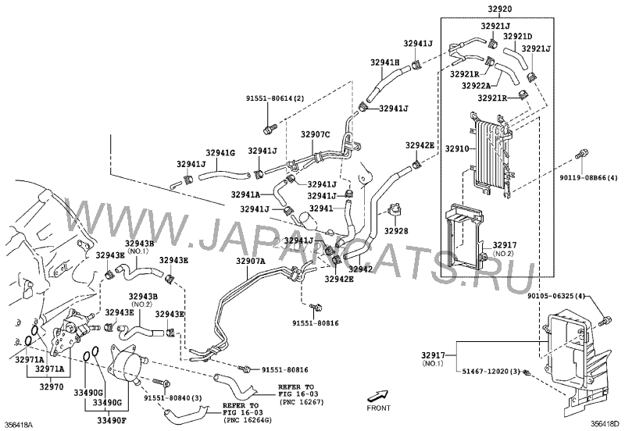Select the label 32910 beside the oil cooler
pos(458,147)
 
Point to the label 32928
pos(396,231)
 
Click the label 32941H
pos(385,62)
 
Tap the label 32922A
pos(476,86)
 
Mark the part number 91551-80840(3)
pos(173,399)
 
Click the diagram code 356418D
pos(605,424)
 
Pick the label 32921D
pos(517,36)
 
